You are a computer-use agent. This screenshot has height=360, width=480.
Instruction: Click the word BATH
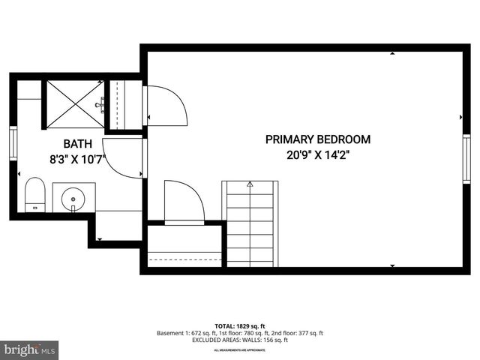(x=78, y=143)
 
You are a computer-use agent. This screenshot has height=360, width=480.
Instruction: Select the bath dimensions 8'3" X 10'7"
(x=78, y=158)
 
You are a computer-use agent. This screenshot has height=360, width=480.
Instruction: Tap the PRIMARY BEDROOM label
(x=317, y=139)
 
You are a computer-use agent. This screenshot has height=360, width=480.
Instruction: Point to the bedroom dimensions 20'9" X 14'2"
(x=317, y=155)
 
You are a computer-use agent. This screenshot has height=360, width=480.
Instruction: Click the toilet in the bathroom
(x=34, y=196)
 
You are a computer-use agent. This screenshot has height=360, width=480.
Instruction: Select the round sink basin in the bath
(x=73, y=199)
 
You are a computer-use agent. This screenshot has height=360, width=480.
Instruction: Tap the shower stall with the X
(x=74, y=104)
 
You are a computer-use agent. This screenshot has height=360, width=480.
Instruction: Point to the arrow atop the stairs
(x=250, y=184)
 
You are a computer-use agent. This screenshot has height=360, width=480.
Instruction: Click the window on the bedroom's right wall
(x=466, y=160)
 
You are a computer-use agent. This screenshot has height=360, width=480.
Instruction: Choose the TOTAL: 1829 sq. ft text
(x=239, y=325)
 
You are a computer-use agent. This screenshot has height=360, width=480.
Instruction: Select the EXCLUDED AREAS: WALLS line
(x=239, y=340)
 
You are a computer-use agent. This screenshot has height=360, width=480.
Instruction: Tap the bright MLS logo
(x=30, y=349)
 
